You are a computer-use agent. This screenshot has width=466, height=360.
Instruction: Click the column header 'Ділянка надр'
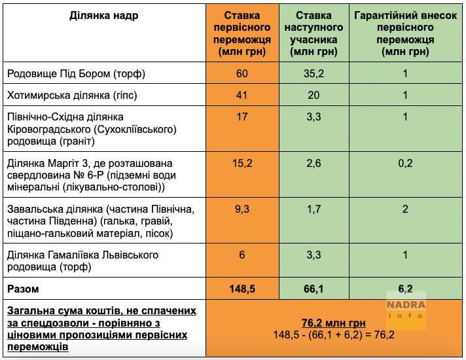104,16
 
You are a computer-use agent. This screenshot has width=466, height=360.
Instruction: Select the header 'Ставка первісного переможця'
242,33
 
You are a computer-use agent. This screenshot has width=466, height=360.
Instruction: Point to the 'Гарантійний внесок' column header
405,33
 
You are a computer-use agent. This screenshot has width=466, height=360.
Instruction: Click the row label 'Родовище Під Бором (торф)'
76,73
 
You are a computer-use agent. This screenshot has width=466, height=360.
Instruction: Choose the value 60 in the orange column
242,73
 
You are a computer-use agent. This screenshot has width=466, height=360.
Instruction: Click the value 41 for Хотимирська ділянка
242,96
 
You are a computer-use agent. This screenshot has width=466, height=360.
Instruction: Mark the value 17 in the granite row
242,117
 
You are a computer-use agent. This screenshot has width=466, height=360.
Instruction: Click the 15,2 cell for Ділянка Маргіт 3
242,163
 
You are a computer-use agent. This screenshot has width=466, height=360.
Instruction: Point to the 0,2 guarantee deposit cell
405,163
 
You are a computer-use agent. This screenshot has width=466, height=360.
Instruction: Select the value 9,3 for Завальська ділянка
242,209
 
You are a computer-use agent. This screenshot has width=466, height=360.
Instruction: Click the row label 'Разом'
23,288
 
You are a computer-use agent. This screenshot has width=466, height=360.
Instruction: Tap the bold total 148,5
242,288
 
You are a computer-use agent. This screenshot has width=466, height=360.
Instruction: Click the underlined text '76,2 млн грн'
333,323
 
